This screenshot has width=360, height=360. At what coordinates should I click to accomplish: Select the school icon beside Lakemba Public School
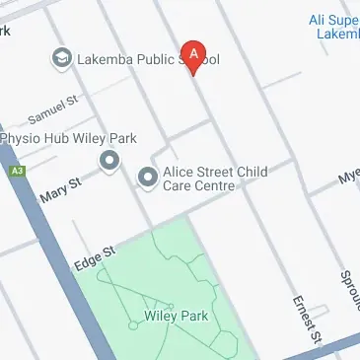click(62, 59)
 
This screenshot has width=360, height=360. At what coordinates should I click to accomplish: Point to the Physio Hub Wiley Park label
click(68, 138)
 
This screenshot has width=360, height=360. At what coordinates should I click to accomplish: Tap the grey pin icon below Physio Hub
click(108, 160)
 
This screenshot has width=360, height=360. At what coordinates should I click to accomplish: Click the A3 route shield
click(16, 171)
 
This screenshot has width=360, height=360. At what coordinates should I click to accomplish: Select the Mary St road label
click(61, 188)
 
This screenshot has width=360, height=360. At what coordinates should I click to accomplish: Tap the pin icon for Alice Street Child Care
click(148, 178)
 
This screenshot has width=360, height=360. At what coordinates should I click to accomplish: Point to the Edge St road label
click(96, 256)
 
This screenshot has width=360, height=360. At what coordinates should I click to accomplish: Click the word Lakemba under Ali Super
click(337, 35)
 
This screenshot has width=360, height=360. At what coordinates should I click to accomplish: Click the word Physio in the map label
click(20, 138)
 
